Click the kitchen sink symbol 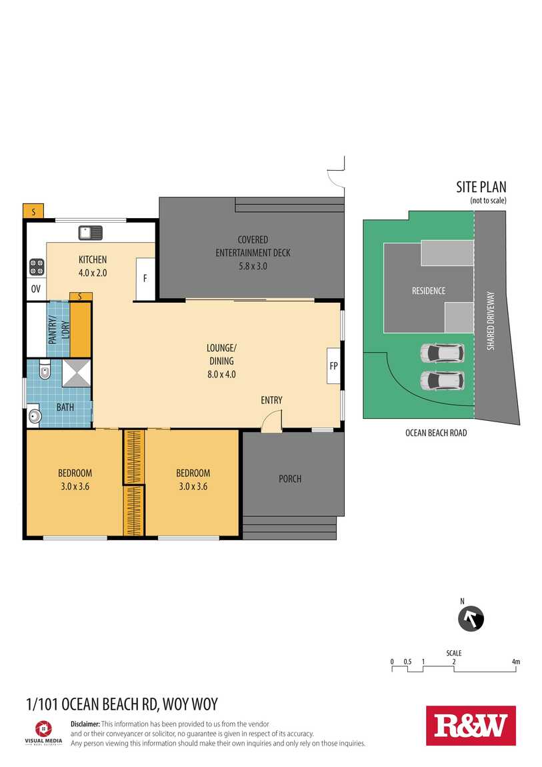(x=91, y=232)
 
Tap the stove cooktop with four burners (x=37, y=267)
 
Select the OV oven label (x=36, y=289)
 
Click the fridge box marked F (x=145, y=278)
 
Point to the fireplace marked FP (x=333, y=365)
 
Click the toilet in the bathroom (x=45, y=371)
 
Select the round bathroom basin (x=35, y=416)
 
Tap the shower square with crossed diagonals (x=76, y=373)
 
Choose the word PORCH (x=290, y=479)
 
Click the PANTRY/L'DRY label (x=59, y=329)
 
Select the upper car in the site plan (x=442, y=353)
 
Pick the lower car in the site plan (x=442, y=381)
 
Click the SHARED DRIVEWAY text (x=491, y=321)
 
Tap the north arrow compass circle (x=471, y=619)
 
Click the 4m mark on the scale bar (x=515, y=662)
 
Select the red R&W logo (x=471, y=726)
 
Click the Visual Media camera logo (x=43, y=729)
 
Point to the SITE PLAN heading (x=481, y=187)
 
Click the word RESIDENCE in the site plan (x=429, y=291)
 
